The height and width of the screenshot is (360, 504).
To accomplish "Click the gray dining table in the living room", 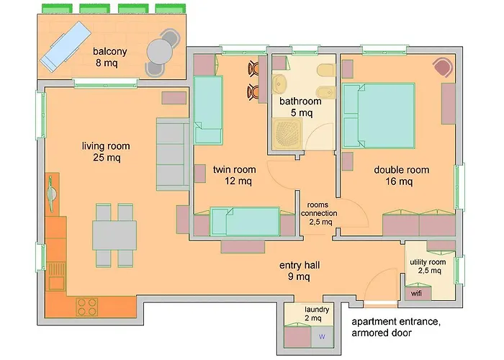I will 114,235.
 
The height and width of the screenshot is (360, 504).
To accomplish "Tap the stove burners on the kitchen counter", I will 87,305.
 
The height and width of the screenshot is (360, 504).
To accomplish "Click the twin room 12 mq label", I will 232,175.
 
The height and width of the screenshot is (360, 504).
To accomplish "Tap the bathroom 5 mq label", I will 296,107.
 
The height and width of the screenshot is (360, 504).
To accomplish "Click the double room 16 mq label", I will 401,176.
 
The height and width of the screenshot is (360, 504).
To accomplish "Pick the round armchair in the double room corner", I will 442,68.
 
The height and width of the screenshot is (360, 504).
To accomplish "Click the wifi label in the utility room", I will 416,294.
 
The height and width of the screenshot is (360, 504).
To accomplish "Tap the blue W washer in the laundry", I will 322,336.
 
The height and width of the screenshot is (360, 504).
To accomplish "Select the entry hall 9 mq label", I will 300,271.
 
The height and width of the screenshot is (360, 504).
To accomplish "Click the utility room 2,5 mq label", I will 428,266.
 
